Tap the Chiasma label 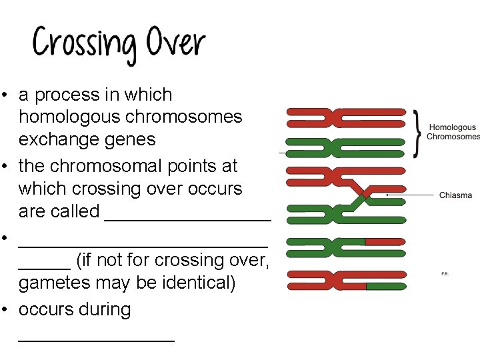coord(455,195)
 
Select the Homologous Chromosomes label coord(453,132)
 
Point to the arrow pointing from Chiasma coord(409,195)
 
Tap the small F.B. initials coord(445,273)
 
